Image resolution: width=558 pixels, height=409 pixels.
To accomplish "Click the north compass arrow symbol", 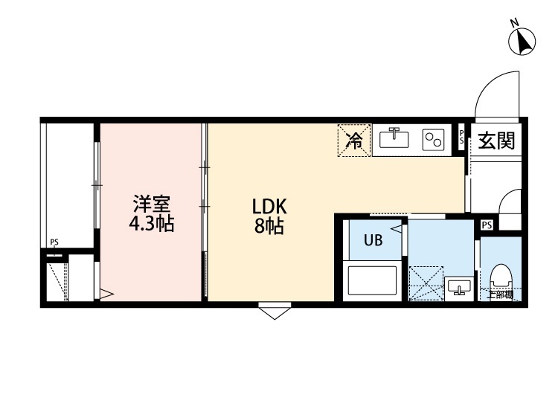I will (x=523, y=40).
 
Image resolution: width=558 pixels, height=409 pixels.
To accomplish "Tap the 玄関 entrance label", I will (x=496, y=140).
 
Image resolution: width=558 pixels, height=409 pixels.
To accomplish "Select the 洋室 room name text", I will (x=151, y=203).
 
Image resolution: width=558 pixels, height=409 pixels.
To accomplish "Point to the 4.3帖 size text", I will (x=151, y=224).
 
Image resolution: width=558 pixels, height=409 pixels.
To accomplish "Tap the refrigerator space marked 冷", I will (x=353, y=141).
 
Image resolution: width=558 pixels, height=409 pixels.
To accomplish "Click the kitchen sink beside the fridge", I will (x=394, y=139).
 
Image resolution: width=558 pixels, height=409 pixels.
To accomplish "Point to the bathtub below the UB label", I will (x=373, y=281).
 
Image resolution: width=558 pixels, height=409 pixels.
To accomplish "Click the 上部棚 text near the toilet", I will (x=500, y=295).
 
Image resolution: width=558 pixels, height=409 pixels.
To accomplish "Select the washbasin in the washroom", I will (x=459, y=287).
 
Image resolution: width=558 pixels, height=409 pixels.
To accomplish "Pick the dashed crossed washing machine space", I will (x=424, y=283).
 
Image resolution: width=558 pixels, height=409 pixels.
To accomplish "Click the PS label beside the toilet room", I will (x=487, y=225).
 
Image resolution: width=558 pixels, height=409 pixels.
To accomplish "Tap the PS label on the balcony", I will (x=54, y=242).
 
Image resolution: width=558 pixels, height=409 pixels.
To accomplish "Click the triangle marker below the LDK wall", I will (x=275, y=312).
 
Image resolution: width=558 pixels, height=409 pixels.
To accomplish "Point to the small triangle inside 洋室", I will (x=106, y=294).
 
